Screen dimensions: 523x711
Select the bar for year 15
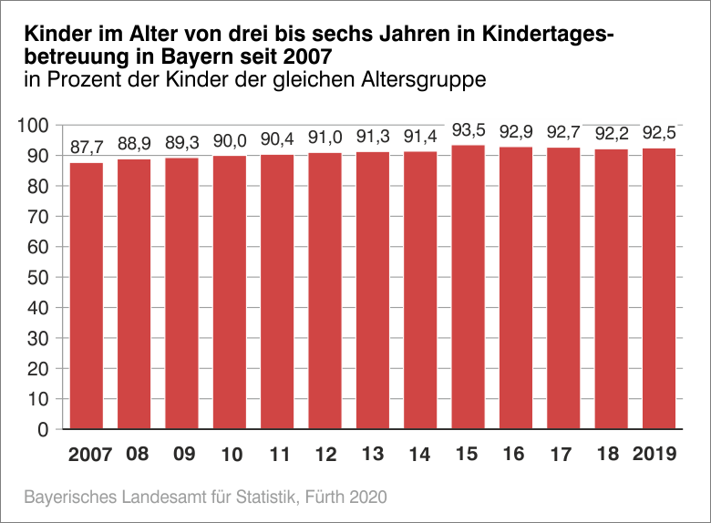468,287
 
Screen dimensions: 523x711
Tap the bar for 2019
659,289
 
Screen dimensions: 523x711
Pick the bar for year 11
277,292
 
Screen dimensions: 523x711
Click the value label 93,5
468,129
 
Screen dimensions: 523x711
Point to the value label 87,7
87,148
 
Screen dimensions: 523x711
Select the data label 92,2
611,133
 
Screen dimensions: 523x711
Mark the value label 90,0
230,140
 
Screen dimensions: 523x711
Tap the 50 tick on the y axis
37,278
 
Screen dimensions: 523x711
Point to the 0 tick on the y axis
42,430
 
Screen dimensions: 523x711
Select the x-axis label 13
373,454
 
